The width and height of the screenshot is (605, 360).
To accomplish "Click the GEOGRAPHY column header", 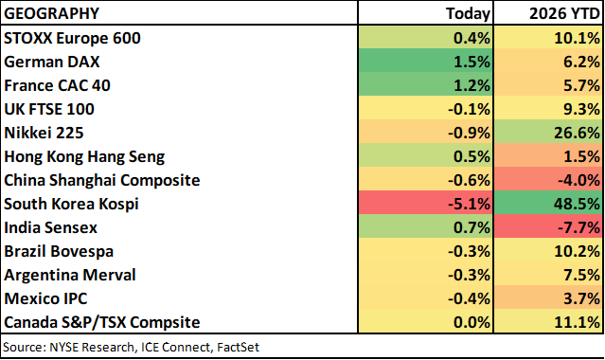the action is point(51,13).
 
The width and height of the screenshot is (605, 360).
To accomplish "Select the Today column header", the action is point(468,13).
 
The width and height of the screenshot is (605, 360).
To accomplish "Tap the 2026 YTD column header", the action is point(564,13).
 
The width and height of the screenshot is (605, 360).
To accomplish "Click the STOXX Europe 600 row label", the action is point(72,38).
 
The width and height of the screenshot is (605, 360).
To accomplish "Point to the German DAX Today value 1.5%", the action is point(472,62).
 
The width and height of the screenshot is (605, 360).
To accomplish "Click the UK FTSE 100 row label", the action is point(49,109).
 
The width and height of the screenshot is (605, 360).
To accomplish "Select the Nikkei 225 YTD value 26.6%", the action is point(577,133).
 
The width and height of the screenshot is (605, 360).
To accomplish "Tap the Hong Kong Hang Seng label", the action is point(84,157).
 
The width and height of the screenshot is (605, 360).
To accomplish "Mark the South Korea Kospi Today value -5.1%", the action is point(469,204).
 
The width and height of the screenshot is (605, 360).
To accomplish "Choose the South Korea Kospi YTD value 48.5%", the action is point(577,204).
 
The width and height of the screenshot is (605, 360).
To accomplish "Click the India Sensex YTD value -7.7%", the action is point(578,227).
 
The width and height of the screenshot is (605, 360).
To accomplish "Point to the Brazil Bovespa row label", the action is point(59,251).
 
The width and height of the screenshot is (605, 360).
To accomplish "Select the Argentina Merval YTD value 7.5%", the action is point(581,275).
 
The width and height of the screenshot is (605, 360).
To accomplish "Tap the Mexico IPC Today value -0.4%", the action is point(469,298).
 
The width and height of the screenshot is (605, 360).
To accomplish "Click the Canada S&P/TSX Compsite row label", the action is point(102,322).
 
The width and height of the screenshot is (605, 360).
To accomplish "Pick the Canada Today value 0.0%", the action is point(472,322).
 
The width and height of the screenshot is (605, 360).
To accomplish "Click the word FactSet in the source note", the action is point(238,347).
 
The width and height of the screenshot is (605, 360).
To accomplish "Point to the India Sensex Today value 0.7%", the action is point(472,227).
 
